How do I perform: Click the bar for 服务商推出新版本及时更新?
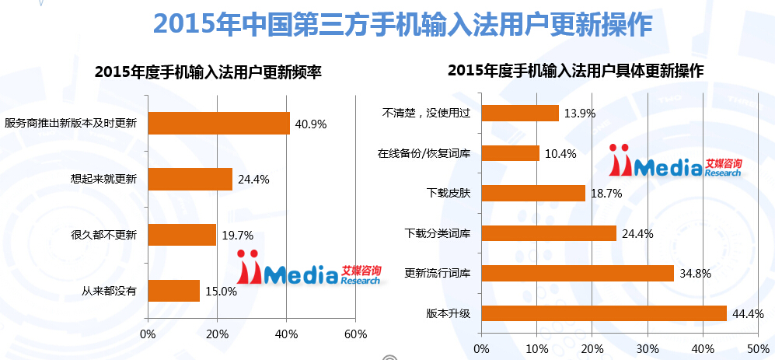coord(218,124)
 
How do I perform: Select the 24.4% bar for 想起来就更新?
coord(190,180)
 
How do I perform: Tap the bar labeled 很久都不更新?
coord(182,235)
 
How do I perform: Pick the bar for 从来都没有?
coord(173,291)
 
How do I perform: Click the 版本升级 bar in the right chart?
coord(604,313)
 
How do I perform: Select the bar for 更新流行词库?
coord(578,273)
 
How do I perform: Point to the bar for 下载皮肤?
coord(533,193)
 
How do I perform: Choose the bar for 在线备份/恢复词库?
coord(511,153)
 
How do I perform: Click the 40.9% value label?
coord(311,124)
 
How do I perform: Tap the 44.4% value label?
coord(748,314)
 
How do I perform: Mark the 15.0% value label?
coord(221,292)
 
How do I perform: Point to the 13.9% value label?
coord(580,114)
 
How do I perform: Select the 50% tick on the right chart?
coord(758,348)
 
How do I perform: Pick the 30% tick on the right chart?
coord(648,348)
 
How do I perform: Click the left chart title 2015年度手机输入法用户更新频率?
coord(208,72)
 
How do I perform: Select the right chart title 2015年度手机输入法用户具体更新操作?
coord(576,70)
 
